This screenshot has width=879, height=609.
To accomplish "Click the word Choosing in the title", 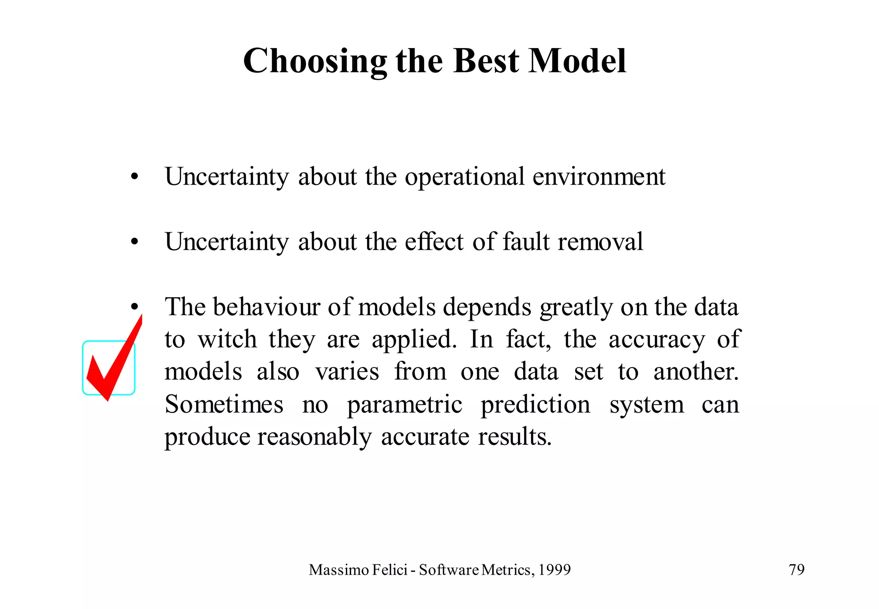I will tap(315, 61).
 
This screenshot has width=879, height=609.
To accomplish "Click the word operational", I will tap(464, 177).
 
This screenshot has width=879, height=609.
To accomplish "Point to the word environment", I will tap(599, 177).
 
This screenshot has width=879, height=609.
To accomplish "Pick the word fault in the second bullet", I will tap(526, 242).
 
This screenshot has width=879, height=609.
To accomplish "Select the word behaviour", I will tap(266, 307).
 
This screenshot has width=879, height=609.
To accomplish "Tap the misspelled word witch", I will tap(227, 339).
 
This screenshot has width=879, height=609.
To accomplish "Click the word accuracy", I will tap(657, 340).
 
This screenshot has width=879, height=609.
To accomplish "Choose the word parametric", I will tap(404, 405).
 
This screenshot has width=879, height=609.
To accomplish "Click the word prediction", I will tap(535, 405).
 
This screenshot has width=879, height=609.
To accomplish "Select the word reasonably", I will tap(315, 438).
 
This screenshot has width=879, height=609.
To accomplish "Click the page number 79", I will tap(797, 570).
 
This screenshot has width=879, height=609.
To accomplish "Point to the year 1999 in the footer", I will tap(554, 570).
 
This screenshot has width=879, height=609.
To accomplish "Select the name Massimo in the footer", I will tap(339, 570).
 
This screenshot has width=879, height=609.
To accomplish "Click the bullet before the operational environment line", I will tap(135, 177).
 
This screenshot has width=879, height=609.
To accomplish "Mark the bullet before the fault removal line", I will tap(135, 242).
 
